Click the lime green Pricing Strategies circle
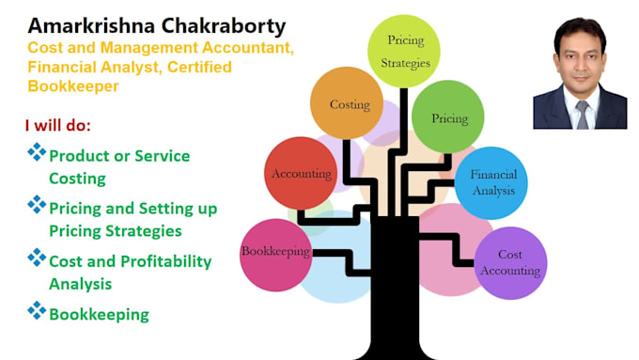[404, 51]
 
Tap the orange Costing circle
[347, 103]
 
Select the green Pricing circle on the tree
[448, 117]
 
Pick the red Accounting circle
[301, 173]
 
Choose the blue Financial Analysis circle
[491, 183]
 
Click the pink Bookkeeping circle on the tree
[276, 256]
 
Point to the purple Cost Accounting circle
[510, 263]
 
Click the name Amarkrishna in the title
[91, 25]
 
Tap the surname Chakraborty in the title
[224, 26]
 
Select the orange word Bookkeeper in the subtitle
[73, 86]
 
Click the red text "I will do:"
[58, 126]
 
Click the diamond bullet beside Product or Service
[37, 152]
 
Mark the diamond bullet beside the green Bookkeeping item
[37, 311]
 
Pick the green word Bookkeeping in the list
[99, 315]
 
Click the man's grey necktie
[582, 115]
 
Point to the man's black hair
[580, 33]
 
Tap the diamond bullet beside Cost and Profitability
[37, 258]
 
